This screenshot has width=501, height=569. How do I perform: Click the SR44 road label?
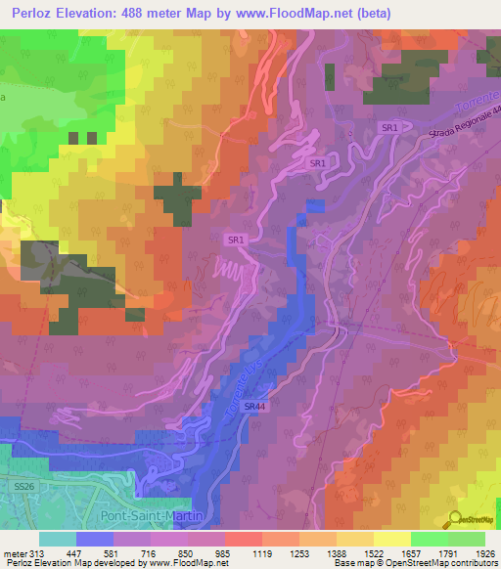(253, 406)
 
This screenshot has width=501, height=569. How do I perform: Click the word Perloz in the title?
(34, 13)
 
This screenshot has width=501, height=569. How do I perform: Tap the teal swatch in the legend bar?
(58, 538)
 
